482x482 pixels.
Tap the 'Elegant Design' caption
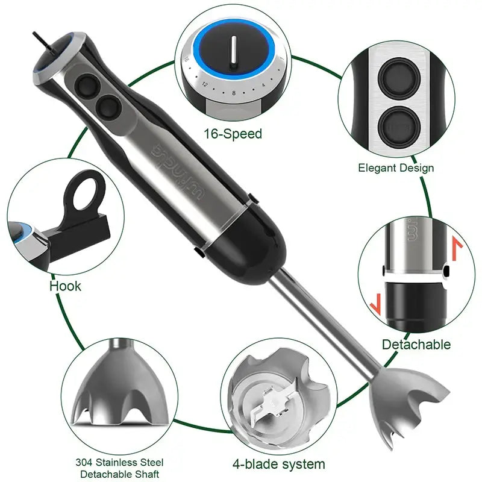[x=395, y=168]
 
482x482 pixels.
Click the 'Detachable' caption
[x=416, y=345]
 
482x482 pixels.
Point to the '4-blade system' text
[x=278, y=464]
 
